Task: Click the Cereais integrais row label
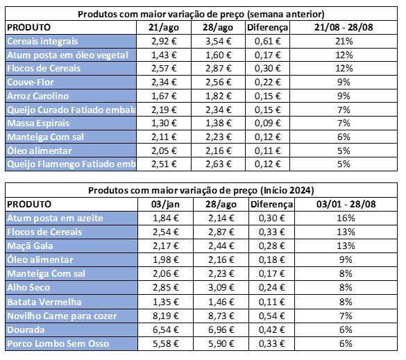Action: pyautogui.click(x=42, y=42)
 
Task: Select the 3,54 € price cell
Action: pyautogui.click(x=219, y=42)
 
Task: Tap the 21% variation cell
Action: pyautogui.click(x=344, y=42)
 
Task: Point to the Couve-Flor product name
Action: pyautogui.click(x=31, y=83)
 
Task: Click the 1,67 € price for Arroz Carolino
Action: pyautogui.click(x=164, y=96)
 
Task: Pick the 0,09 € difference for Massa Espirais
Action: pyautogui.click(x=267, y=123)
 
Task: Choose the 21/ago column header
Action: pyautogui.click(x=164, y=28)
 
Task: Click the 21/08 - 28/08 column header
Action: pyautogui.click(x=344, y=28)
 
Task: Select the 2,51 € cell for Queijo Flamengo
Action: pyautogui.click(x=164, y=164)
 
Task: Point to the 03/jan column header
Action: pyautogui.click(x=165, y=205)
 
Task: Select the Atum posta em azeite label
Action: pyautogui.click(x=55, y=218)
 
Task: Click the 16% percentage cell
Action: pyautogui.click(x=346, y=218)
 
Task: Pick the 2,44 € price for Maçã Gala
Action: pyautogui.click(x=221, y=246)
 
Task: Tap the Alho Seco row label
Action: pyautogui.click(x=28, y=288)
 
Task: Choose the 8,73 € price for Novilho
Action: pyautogui.click(x=221, y=316)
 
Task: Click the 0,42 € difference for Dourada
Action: pyautogui.click(x=271, y=330)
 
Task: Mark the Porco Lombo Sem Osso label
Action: pyautogui.click(x=58, y=344)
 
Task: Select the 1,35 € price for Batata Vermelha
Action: pyautogui.click(x=166, y=302)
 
